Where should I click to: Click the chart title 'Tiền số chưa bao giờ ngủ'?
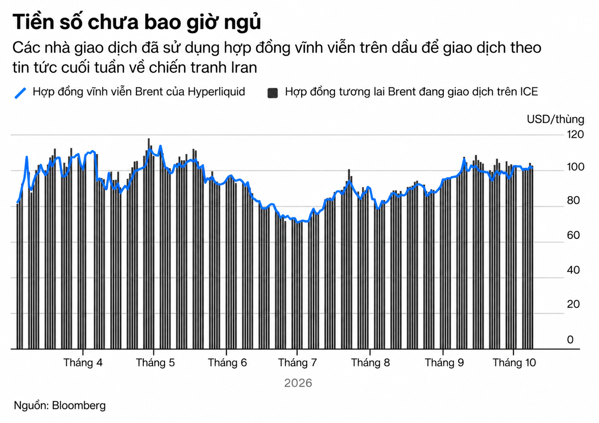tap(137, 22)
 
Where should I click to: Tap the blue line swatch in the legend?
tap(20, 93)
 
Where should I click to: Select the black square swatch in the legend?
tap(273, 93)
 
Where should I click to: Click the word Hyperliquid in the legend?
tap(216, 92)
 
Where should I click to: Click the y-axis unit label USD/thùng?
tap(555, 119)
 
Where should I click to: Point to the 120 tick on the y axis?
tap(575, 134)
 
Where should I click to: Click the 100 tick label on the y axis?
tap(575, 167)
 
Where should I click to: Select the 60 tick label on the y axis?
tap(573, 235)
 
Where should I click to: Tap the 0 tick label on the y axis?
tap(570, 340)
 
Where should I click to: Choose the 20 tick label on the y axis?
tap(573, 304)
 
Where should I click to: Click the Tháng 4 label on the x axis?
tap(83, 362)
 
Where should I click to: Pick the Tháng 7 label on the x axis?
tap(297, 362)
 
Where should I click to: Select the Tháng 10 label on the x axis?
tap(514, 362)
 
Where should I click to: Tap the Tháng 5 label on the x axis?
tap(155, 362)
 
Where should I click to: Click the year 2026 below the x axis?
tap(298, 383)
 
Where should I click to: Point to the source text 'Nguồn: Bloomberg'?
tap(60, 406)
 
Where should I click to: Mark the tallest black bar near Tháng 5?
tap(149, 244)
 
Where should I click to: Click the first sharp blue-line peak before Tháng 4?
tap(26, 157)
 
